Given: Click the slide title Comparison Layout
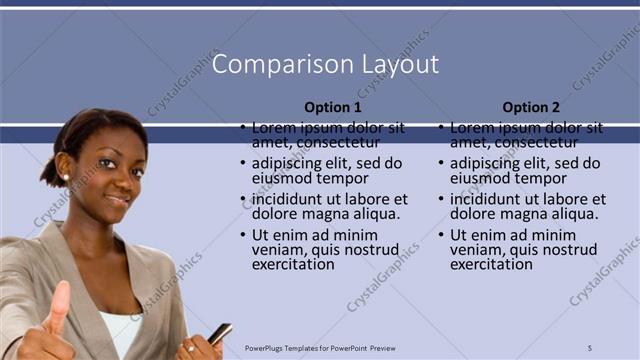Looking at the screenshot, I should pos(326,65).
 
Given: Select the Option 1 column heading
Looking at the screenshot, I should pos(333,107).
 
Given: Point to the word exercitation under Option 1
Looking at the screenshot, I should pos(293,265).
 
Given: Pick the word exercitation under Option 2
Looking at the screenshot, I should pos(491,265).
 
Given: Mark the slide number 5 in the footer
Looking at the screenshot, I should pos(590,348).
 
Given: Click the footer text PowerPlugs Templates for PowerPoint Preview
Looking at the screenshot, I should pos(320,348).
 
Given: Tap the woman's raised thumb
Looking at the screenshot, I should pos(58,300).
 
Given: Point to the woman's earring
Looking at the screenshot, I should pos(65,177).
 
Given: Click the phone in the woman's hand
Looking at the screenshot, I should pos(219,333).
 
